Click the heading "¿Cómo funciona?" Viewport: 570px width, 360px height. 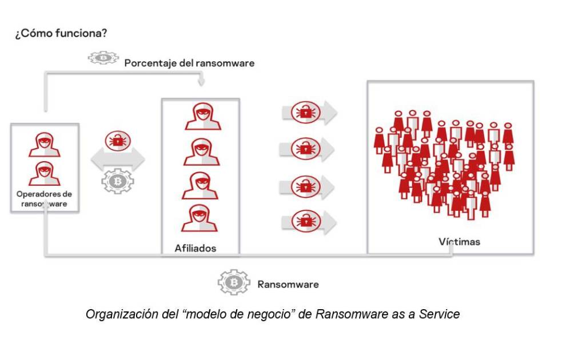point(61,33)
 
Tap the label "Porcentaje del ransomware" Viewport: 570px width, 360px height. point(189,63)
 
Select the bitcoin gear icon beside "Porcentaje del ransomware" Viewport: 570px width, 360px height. point(103,58)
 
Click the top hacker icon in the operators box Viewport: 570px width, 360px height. point(45,144)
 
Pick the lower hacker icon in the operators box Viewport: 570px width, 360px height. point(45,173)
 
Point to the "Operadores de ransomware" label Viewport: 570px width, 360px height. point(44,198)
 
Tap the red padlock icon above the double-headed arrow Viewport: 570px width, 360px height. point(118,139)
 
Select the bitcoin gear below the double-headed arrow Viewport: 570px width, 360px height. point(117,182)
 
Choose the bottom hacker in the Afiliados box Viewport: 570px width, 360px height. point(200,218)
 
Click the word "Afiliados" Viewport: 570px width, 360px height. point(196,248)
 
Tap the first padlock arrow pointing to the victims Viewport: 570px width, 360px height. point(309,113)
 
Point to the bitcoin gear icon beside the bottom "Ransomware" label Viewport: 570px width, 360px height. point(233,283)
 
